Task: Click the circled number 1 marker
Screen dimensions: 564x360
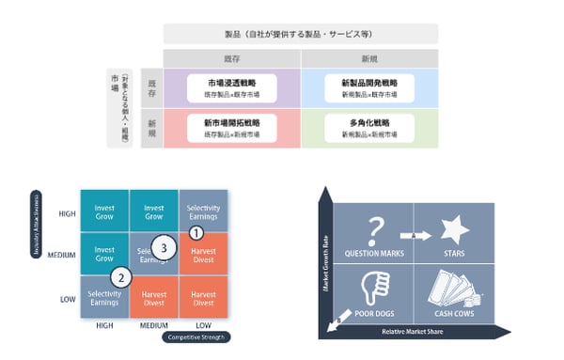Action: pyautogui.click(x=196, y=231)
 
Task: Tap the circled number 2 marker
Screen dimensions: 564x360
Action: pyautogui.click(x=120, y=277)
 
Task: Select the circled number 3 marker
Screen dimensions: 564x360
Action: pyautogui.click(x=164, y=247)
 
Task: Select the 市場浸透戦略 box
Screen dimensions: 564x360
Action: pyautogui.click(x=230, y=87)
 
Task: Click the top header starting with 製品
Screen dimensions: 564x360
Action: pyautogui.click(x=301, y=35)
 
